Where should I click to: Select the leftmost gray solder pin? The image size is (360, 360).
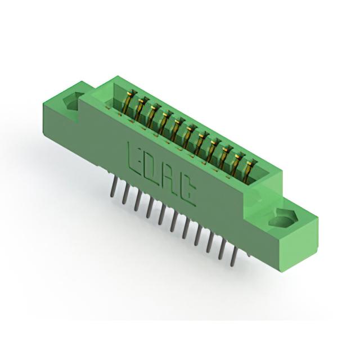[113, 187]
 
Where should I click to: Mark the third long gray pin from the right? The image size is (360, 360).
[210, 243]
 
